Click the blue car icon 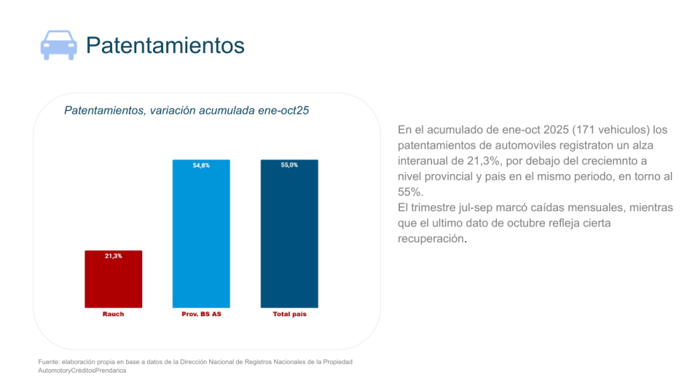(58, 45)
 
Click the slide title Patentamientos (165, 45)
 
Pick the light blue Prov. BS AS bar (201, 235)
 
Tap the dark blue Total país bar (289, 235)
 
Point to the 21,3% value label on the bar (113, 256)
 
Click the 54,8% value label (201, 166)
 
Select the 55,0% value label (289, 166)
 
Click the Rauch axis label (113, 314)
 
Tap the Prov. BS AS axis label (201, 314)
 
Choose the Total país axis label (289, 314)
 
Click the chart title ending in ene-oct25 (186, 111)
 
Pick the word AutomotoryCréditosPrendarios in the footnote (82, 370)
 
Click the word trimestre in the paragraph (436, 207)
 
